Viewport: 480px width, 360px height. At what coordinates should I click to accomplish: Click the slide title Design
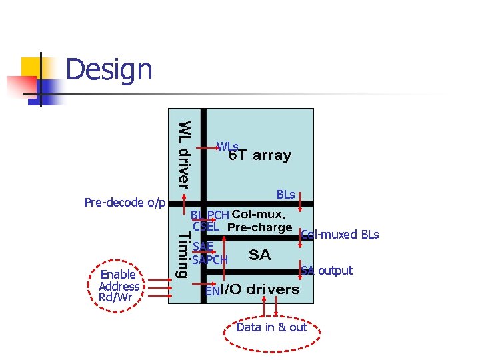tap(109, 69)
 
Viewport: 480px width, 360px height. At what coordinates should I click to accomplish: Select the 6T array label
tap(260, 156)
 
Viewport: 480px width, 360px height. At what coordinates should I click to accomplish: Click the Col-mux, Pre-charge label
tap(259, 221)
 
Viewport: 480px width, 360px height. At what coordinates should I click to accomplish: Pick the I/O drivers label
tap(260, 289)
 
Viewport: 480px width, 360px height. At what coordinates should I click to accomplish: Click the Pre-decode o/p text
tap(125, 202)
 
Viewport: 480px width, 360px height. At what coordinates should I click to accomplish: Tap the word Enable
tap(118, 275)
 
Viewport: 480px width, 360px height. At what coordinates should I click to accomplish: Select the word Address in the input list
tap(119, 286)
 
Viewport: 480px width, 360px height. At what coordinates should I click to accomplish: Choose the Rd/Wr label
tap(115, 297)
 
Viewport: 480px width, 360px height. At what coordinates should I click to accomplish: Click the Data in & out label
tap(271, 327)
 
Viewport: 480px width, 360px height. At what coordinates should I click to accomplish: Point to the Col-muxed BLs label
tap(340, 235)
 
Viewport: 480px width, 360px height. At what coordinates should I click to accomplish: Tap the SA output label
tap(327, 270)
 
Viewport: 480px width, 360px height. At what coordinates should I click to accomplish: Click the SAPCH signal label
tap(210, 259)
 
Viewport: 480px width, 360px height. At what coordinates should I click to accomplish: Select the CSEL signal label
tap(206, 227)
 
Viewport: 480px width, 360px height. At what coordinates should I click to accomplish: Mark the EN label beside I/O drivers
tap(212, 291)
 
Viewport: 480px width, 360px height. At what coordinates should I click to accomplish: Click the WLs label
tap(227, 146)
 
